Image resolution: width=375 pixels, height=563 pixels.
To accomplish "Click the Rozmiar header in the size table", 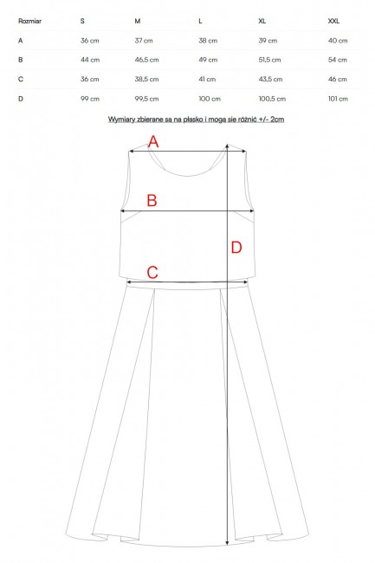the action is pos(29,21).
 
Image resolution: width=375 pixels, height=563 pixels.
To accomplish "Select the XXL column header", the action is pos(333,21).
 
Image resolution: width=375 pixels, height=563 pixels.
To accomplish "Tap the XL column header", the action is pos(262,21).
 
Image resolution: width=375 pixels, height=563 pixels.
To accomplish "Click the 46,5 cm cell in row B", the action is pos(146,60).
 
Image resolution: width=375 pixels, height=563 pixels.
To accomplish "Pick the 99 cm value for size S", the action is pos(90,99).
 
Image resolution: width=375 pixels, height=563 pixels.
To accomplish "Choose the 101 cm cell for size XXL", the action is pos(338,99).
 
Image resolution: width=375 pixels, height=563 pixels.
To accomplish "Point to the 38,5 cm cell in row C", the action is pos(146,79).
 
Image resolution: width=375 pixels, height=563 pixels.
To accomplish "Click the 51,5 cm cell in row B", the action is pos(269,60).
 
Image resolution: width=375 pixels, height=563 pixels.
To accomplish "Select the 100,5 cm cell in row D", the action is pos(272,99).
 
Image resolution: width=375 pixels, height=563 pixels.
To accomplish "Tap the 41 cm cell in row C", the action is pos(207,79).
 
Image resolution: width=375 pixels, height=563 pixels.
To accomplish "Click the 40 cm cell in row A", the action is pos(338,41).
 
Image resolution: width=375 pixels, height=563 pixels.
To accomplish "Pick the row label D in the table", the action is pos(21,99).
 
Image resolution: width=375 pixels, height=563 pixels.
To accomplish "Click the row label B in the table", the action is pos(21,60).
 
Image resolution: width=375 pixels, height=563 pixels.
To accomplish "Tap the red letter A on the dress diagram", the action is pos(153,141).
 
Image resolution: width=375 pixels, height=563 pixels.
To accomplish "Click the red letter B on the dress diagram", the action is pos(152,200).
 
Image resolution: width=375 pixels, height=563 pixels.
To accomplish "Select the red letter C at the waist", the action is pos(152,272).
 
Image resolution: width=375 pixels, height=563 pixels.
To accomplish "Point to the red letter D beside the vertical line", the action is pos(236,248).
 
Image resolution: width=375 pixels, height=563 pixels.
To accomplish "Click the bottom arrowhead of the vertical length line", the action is pos(227,542).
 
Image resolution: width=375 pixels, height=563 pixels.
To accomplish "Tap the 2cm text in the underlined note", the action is pos(276,120).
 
